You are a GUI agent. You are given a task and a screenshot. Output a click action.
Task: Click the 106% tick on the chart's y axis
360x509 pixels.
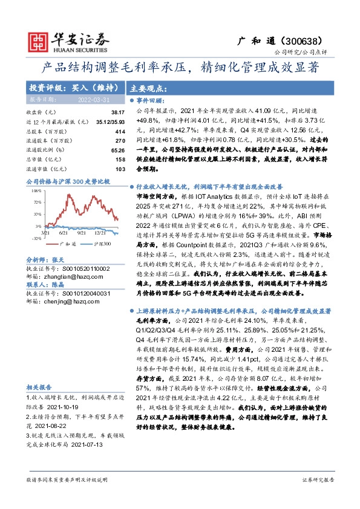click(36, 190)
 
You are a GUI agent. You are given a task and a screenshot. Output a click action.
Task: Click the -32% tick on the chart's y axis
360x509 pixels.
click(36, 238)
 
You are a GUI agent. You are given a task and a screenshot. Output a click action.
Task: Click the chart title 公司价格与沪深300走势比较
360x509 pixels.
click(68, 181)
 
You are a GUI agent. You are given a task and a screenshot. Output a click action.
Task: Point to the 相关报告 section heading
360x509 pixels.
click(40, 386)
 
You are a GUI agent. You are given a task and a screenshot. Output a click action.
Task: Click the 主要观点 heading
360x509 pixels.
click(148, 86)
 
